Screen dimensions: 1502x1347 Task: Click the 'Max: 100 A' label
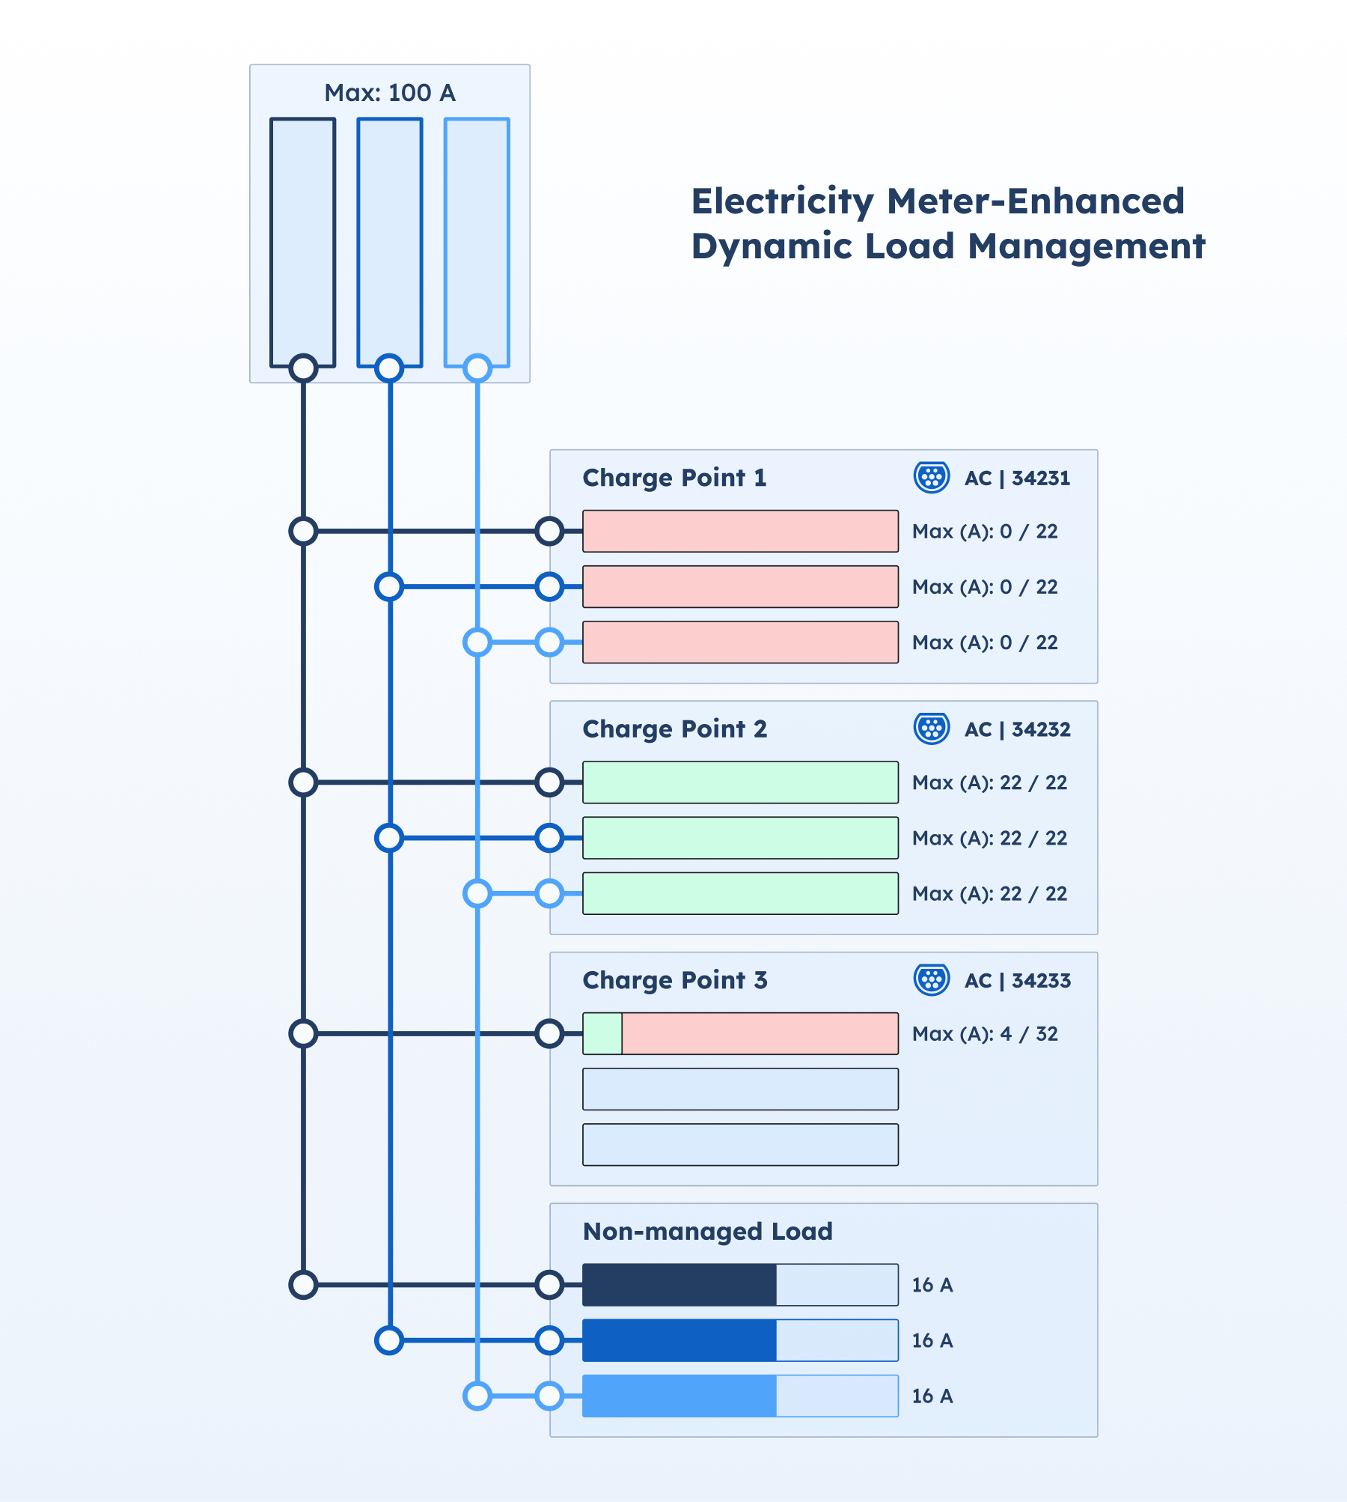pos(389,93)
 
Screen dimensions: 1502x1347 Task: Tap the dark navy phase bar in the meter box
pos(302,240)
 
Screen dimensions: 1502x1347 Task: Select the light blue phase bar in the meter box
pos(477,240)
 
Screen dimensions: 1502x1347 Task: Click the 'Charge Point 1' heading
pos(674,478)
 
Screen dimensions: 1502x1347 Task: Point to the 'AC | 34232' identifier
pos(1017,729)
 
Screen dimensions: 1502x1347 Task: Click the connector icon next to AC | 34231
pos(932,477)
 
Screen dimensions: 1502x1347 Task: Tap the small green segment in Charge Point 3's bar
pos(602,1034)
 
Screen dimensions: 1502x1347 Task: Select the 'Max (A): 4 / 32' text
pos(985,1034)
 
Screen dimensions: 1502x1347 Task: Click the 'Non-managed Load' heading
pos(707,1232)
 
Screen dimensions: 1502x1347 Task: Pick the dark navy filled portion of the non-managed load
pos(679,1285)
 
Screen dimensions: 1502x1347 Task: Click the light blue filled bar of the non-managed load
pos(679,1396)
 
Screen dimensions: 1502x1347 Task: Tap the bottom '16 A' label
pos(932,1396)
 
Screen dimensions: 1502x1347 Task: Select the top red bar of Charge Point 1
pos(740,532)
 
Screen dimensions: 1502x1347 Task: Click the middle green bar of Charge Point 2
pos(740,838)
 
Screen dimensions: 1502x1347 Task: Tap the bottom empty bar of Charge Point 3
pos(740,1145)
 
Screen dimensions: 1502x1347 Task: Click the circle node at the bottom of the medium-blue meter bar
pos(389,368)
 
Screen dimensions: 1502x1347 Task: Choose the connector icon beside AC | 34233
pos(932,979)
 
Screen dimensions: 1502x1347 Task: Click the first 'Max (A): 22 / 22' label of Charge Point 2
pos(989,782)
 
